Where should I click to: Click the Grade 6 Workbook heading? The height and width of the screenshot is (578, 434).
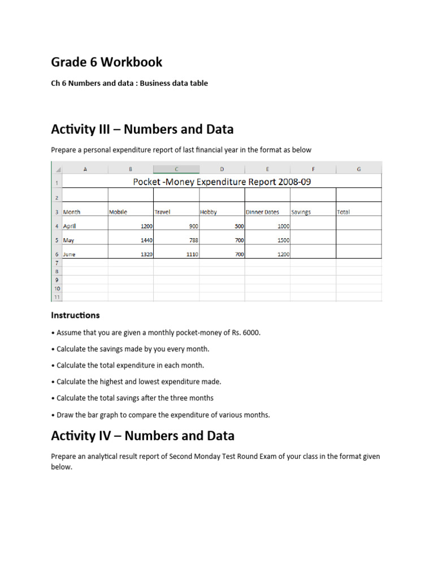pos(107,62)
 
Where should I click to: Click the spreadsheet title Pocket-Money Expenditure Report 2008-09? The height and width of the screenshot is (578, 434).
pos(222,182)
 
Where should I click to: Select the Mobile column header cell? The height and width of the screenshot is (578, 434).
pos(118,212)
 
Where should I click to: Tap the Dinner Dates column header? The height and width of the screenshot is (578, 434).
pos(262,212)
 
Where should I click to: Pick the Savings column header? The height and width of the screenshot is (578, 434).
pos(301,212)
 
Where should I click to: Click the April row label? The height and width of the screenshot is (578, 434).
pos(70,226)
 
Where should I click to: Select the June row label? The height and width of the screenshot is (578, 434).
pos(69,255)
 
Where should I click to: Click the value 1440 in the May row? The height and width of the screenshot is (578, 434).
pos(146,240)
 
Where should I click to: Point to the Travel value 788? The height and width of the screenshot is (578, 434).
pos(192,240)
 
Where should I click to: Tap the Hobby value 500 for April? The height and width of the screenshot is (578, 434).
pos(238,226)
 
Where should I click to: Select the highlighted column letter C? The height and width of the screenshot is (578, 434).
pos(176,169)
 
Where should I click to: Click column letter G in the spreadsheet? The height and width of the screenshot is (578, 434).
pos(359,169)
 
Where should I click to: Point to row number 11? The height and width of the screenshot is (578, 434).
pos(57,296)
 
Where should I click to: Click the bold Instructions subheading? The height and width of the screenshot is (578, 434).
pos(75,315)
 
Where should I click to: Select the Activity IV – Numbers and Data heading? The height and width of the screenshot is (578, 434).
pos(142,436)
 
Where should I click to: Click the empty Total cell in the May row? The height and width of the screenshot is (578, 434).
pos(359,240)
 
